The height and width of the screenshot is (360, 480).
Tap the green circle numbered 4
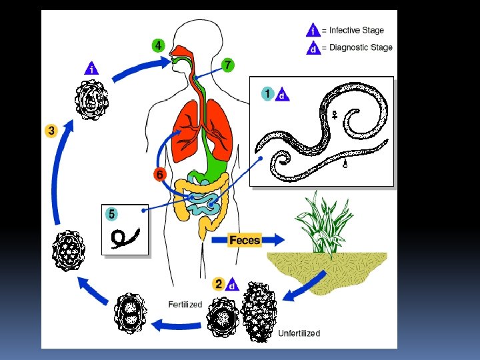tap(158, 46)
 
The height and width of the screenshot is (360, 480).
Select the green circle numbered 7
tap(228, 65)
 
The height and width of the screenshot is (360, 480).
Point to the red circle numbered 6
tap(159, 175)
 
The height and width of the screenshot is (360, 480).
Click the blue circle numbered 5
tap(112, 214)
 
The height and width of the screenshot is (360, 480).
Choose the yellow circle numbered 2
tap(219, 284)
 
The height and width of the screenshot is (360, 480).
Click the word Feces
tap(245, 240)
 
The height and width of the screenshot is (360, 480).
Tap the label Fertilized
tap(185, 305)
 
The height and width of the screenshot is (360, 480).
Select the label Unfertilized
tap(299, 333)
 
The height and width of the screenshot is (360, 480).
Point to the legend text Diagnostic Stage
tap(361, 47)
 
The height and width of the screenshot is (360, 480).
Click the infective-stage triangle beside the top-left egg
tap(92, 68)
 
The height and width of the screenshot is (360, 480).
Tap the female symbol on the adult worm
tap(332, 116)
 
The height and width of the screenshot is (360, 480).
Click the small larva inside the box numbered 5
tap(125, 235)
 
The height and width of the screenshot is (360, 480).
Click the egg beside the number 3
tap(70, 250)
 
